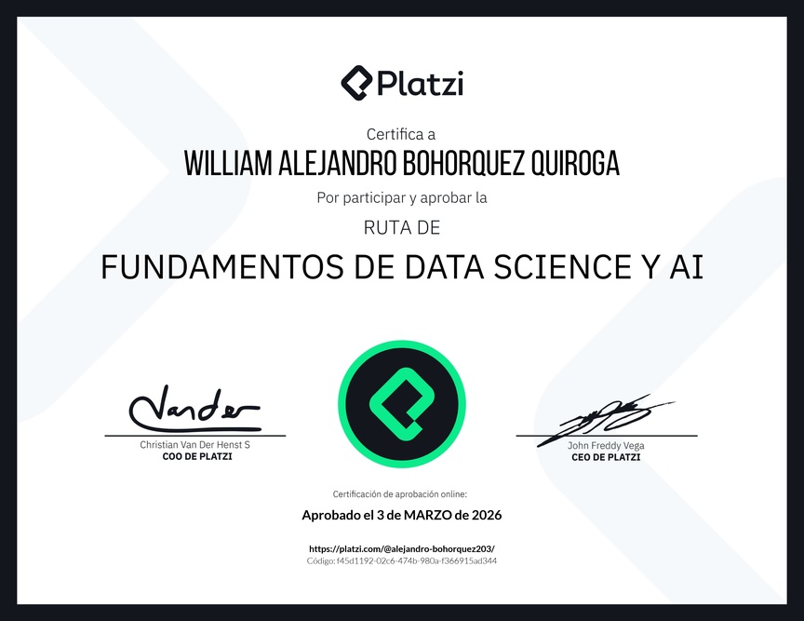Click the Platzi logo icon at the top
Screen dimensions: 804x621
356,83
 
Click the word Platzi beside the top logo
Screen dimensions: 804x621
421,83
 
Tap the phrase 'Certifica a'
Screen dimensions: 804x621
401,134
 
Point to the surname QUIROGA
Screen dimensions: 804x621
575,164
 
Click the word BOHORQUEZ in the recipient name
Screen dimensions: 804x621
463,164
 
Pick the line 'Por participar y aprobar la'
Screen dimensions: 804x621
402,197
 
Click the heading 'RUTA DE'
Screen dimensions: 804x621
402,227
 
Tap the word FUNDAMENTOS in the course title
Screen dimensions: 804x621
222,267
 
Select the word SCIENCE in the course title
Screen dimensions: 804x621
562,267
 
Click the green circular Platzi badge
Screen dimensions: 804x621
402,404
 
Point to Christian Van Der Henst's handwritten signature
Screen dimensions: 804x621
194,409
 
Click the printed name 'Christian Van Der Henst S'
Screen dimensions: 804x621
194,445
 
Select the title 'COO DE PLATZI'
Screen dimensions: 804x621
197,457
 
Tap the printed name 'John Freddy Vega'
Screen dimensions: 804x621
606,445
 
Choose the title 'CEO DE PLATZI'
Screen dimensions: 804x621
606,457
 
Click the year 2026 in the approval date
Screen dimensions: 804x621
487,515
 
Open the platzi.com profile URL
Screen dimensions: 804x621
402,548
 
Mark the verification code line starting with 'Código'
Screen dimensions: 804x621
402,561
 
